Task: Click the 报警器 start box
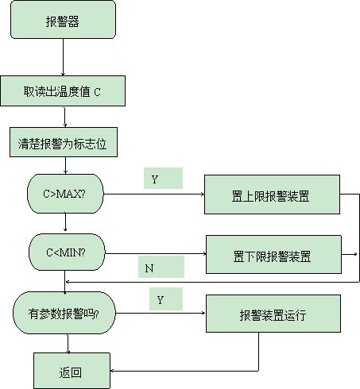tap(63, 20)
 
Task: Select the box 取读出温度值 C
tap(63, 91)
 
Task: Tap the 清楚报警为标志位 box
tap(64, 142)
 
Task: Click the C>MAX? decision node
tap(65, 194)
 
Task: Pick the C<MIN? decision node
tap(67, 252)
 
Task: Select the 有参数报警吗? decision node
tap(64, 313)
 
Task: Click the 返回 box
tap(72, 371)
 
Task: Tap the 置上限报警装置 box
tap(272, 194)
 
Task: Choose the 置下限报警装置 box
tap(273, 254)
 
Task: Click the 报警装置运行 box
tap(273, 314)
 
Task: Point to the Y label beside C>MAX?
tap(155, 179)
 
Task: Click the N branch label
tap(149, 268)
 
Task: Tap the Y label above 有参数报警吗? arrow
tap(160, 300)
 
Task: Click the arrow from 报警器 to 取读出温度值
tap(63, 57)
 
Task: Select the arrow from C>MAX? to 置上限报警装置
tap(154, 194)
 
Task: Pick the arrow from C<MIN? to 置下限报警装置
tap(156, 254)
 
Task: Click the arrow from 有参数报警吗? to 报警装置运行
tap(161, 313)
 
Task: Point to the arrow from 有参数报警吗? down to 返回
tap(68, 344)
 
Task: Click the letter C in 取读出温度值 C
tap(97, 92)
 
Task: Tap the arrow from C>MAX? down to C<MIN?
tap(65, 222)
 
